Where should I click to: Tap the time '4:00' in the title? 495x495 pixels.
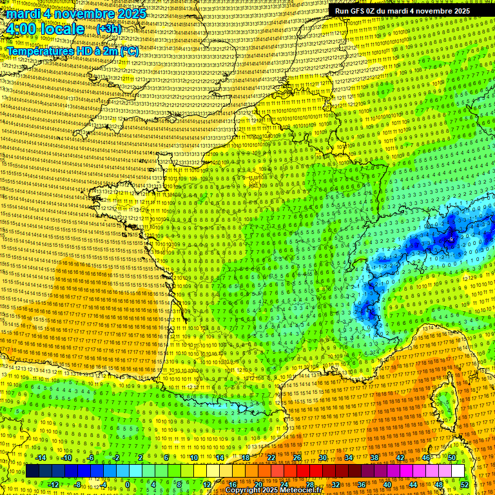pyautogui.click(x=24, y=29)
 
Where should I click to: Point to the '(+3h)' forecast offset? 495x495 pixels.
pyautogui.click(x=108, y=29)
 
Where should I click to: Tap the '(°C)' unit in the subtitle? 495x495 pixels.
pyautogui.click(x=128, y=51)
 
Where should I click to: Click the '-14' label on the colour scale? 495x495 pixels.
pyautogui.click(x=40, y=458)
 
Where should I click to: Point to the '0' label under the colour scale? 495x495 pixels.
pyautogui.click(x=128, y=484)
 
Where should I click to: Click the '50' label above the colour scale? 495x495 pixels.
pyautogui.click(x=451, y=458)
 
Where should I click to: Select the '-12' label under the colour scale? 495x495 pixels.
pyautogui.click(x=53, y=484)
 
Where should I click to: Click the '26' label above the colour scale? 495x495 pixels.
pyautogui.click(x=297, y=458)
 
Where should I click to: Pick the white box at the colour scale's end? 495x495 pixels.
pyautogui.click(x=458, y=471)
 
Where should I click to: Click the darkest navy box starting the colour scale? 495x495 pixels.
pyautogui.click(x=32, y=471)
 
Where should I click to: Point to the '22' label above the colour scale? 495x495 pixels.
pyautogui.click(x=271, y=458)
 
